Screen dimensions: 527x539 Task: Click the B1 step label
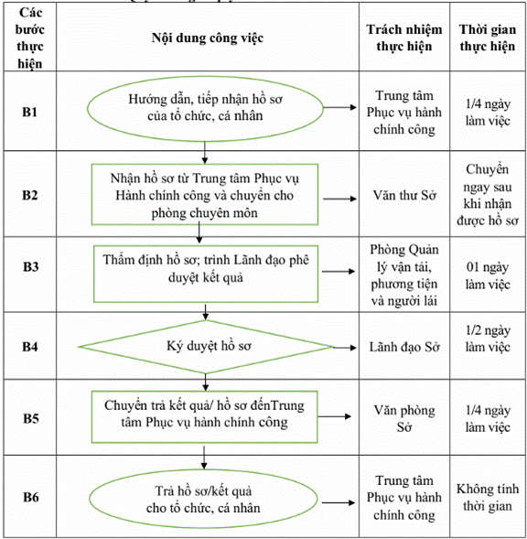[x=29, y=112]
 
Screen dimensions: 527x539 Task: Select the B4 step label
[x=30, y=347]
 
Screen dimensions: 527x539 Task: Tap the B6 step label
[x=30, y=497]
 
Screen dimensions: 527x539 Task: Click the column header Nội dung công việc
[x=208, y=38]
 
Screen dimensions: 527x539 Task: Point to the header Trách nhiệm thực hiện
[x=404, y=38]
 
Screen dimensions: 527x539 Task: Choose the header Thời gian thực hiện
[x=488, y=38]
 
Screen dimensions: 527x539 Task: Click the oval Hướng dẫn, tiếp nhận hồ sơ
[x=205, y=108]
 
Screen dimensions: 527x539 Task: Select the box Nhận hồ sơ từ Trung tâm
[x=205, y=195]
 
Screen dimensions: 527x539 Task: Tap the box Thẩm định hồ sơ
[x=206, y=274]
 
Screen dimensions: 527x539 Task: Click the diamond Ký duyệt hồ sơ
[x=206, y=347]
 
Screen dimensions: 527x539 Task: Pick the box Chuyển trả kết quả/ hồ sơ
[x=204, y=416]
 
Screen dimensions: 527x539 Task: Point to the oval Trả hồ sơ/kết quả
[x=203, y=499]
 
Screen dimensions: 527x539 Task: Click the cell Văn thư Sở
[x=404, y=195]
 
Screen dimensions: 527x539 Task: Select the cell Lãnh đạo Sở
[x=404, y=347]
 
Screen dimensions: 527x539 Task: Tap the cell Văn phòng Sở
[x=404, y=418]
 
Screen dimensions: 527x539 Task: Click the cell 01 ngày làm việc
[x=488, y=275]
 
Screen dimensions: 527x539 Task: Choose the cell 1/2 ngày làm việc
[x=488, y=339]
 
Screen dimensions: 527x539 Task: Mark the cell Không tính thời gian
[x=488, y=497]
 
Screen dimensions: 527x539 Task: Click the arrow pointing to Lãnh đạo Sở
[x=344, y=348]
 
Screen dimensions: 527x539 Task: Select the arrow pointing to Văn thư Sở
[x=339, y=199]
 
